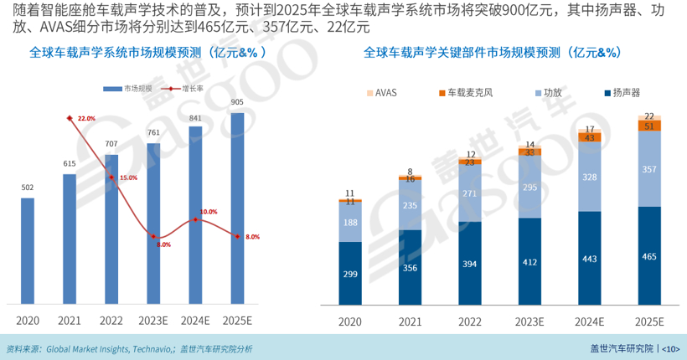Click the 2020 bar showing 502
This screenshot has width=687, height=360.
28,250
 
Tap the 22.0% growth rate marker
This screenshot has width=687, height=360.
69,118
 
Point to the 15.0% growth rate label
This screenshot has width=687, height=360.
128,177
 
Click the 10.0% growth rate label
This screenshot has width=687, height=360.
209,212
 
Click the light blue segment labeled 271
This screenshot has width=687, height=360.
470,193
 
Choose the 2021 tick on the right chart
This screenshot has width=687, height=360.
411,321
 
